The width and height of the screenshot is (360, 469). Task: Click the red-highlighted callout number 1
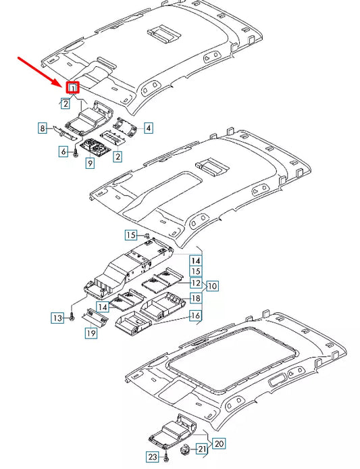point(72,87)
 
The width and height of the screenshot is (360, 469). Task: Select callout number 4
point(148,127)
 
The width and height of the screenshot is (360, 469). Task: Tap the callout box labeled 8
point(42,128)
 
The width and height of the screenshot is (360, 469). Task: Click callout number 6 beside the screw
point(64,153)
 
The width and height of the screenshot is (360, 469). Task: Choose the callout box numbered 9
point(89,164)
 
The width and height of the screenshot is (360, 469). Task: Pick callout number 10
point(213,285)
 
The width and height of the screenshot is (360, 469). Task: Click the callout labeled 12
point(195,282)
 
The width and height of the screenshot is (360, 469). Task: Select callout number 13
point(58,317)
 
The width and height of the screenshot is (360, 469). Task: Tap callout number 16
point(195,316)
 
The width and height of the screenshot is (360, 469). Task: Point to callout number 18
point(195,298)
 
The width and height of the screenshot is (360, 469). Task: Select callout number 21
point(202,449)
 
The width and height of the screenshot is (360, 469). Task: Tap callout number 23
point(153,457)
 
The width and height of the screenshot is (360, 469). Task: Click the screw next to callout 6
point(75,153)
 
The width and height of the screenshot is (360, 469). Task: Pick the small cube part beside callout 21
point(187,449)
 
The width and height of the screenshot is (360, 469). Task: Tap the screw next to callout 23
point(165,458)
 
